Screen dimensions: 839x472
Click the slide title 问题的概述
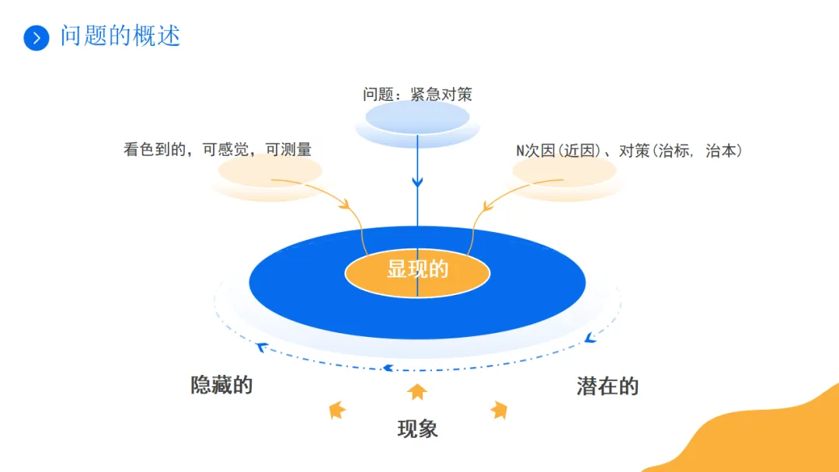(120, 36)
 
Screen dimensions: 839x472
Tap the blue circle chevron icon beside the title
(37, 37)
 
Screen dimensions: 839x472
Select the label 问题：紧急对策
(417, 95)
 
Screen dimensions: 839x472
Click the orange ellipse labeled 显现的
(417, 270)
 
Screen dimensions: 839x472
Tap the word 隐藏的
(221, 385)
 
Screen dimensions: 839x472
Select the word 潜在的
(607, 386)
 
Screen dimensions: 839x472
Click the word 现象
(417, 429)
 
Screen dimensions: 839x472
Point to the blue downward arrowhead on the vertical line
(417, 182)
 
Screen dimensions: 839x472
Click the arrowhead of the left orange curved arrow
(345, 206)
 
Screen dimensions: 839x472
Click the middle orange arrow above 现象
(418, 391)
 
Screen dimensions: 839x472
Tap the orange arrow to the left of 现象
(336, 409)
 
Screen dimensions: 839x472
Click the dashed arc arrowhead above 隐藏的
(263, 347)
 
